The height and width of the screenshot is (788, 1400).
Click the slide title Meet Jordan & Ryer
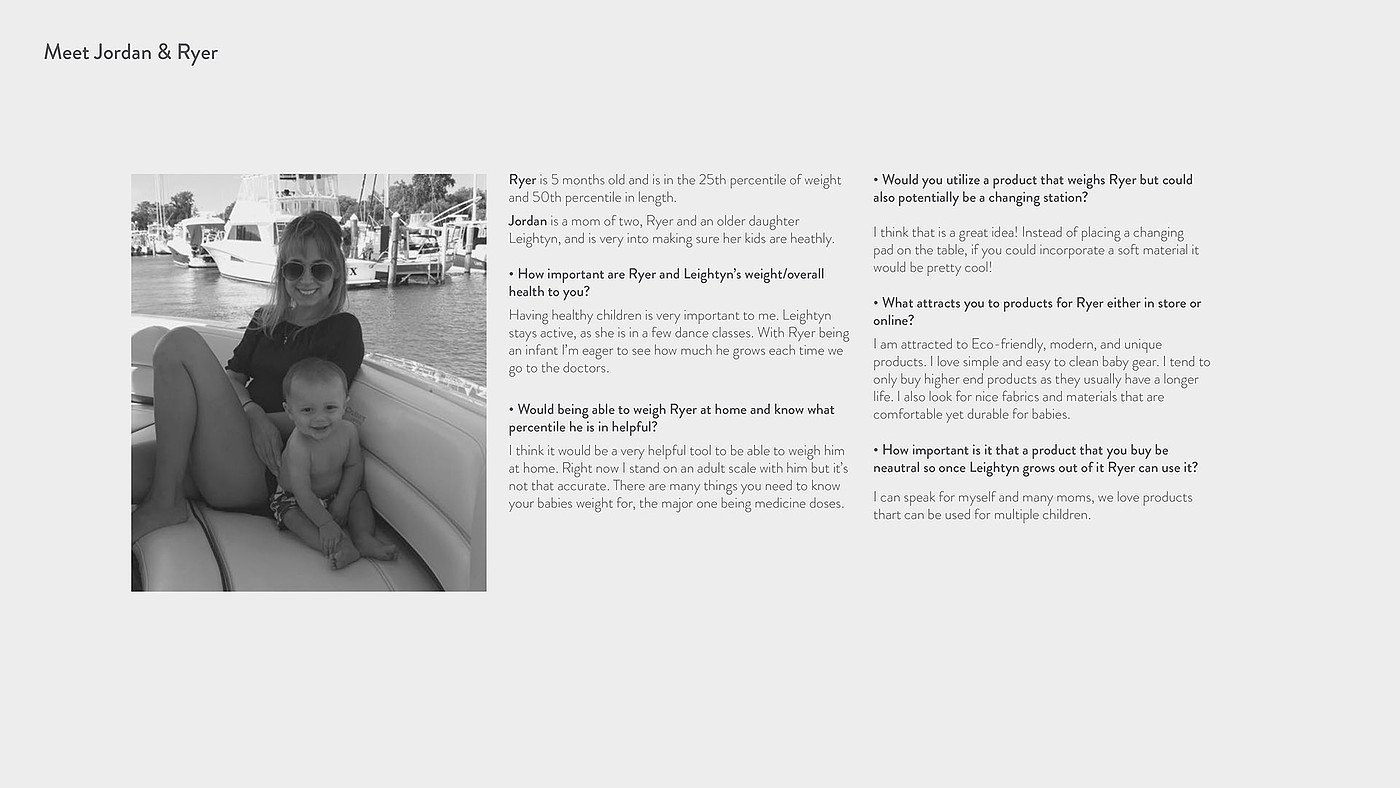[130, 53]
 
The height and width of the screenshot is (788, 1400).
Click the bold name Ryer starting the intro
[522, 180]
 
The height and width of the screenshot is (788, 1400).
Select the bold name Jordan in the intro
[527, 221]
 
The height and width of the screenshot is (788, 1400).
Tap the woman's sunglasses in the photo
[307, 270]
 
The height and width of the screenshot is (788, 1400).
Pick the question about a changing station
[1032, 189]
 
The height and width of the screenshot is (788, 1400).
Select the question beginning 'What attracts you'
[1036, 312]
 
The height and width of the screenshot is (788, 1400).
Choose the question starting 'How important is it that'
[1035, 459]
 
